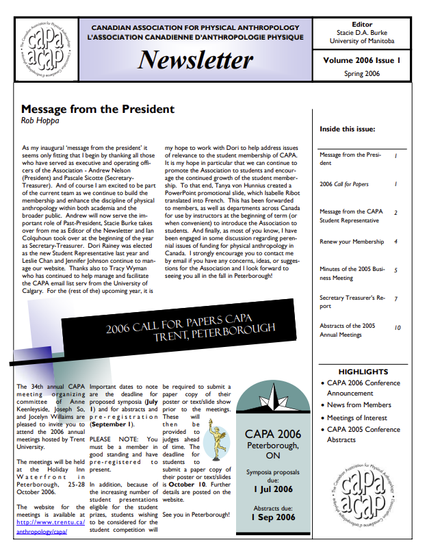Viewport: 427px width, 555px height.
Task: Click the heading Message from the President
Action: click(x=98, y=109)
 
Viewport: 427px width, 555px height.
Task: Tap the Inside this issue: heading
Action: click(x=347, y=129)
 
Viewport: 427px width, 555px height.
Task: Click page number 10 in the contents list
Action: click(x=398, y=328)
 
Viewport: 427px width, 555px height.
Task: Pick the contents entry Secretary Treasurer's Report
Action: click(x=348, y=302)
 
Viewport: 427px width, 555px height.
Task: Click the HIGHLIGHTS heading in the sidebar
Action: click(x=363, y=372)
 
